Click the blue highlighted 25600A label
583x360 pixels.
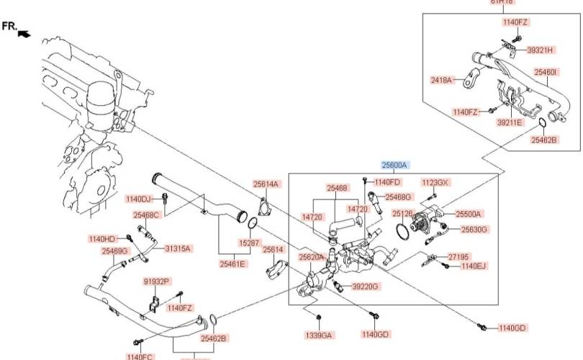click(394, 165)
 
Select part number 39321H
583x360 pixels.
click(541, 50)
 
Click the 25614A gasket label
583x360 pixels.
click(266, 184)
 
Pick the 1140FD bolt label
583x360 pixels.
click(387, 182)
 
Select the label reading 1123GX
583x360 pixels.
click(435, 182)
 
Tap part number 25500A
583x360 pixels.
click(468, 214)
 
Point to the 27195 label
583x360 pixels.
click(458, 256)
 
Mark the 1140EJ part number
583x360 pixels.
click(474, 266)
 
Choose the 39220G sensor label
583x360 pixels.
click(365, 287)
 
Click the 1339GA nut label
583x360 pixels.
click(318, 335)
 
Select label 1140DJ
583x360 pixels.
click(139, 199)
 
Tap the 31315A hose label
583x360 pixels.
click(178, 248)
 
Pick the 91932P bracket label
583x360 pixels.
click(156, 282)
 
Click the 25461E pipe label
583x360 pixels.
click(232, 264)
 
